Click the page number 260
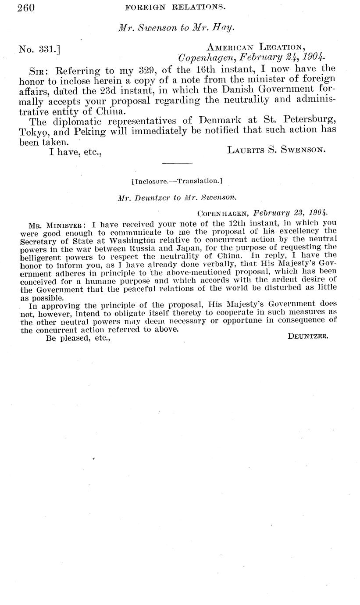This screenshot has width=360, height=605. tap(26, 7)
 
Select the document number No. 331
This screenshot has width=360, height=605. tap(39, 49)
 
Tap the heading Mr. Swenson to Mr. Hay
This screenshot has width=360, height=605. tap(176, 27)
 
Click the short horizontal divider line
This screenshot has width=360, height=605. tap(177, 164)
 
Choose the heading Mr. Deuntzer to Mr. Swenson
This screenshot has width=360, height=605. tap(177, 198)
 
